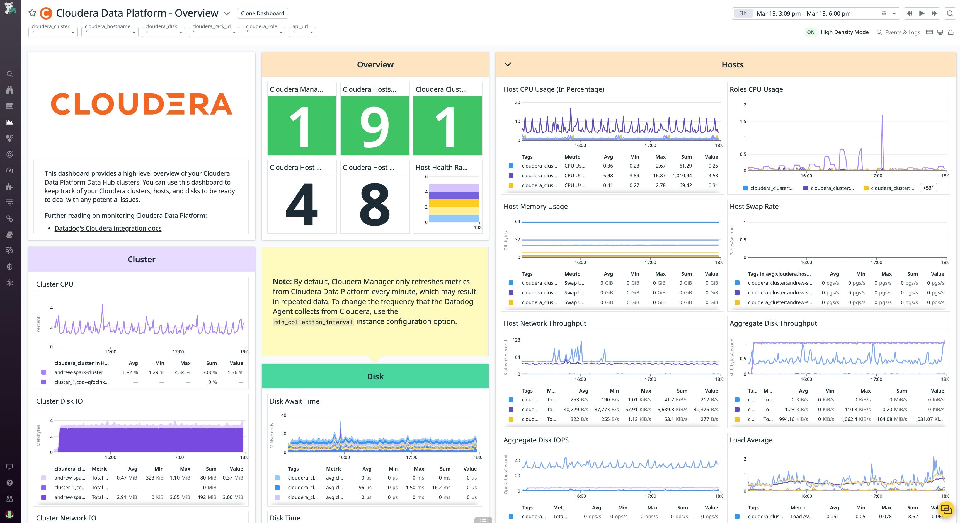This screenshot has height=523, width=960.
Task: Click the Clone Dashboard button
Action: point(262,13)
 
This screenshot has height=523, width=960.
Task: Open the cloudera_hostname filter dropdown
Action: point(110,32)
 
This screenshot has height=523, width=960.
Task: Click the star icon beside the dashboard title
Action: point(32,13)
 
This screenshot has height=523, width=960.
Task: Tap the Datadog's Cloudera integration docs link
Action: point(108,228)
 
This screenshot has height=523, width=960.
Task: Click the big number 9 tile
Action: point(375,126)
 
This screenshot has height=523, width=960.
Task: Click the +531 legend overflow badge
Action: point(928,188)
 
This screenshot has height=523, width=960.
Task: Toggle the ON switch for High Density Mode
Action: point(811,32)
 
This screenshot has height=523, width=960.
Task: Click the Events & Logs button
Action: point(898,32)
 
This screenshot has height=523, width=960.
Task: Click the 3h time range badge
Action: point(743,13)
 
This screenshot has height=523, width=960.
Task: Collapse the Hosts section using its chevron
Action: point(508,64)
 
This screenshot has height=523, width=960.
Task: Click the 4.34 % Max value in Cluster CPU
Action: point(183,372)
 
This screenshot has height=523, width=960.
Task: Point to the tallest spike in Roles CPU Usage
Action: point(882,116)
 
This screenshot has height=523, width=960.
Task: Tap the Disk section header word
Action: point(375,377)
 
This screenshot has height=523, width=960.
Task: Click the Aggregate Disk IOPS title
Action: point(536,440)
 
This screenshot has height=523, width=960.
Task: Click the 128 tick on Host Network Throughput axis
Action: point(516,340)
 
